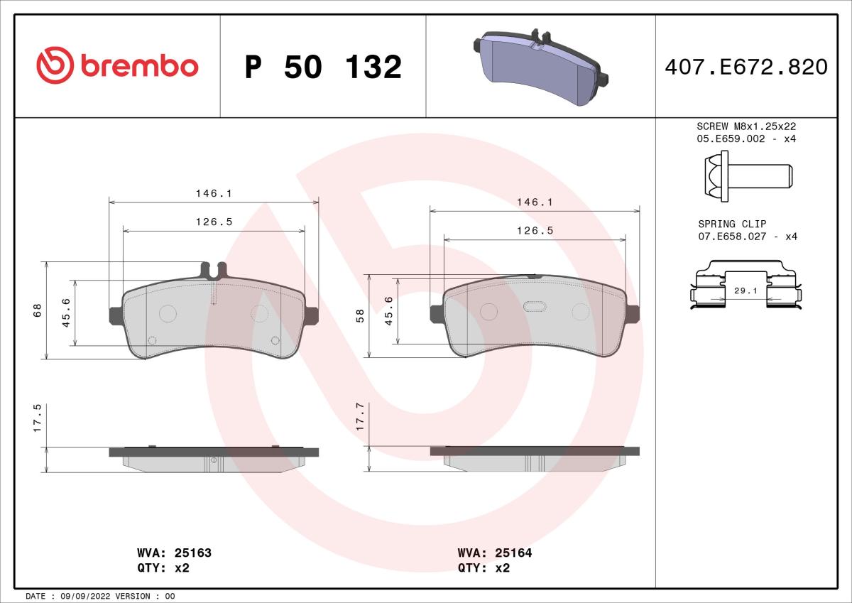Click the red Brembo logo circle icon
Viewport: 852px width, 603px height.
coord(55,65)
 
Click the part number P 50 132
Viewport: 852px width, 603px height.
coord(323,67)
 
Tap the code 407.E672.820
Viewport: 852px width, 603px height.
coord(746,67)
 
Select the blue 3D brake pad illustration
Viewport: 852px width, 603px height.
coord(540,67)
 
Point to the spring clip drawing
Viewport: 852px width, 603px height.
coord(745,285)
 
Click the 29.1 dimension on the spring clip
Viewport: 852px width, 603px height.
coord(745,290)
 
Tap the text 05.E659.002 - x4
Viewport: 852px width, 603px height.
coord(746,138)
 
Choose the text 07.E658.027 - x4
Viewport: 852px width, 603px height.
coord(748,237)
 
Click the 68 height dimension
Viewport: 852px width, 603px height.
coord(37,310)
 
